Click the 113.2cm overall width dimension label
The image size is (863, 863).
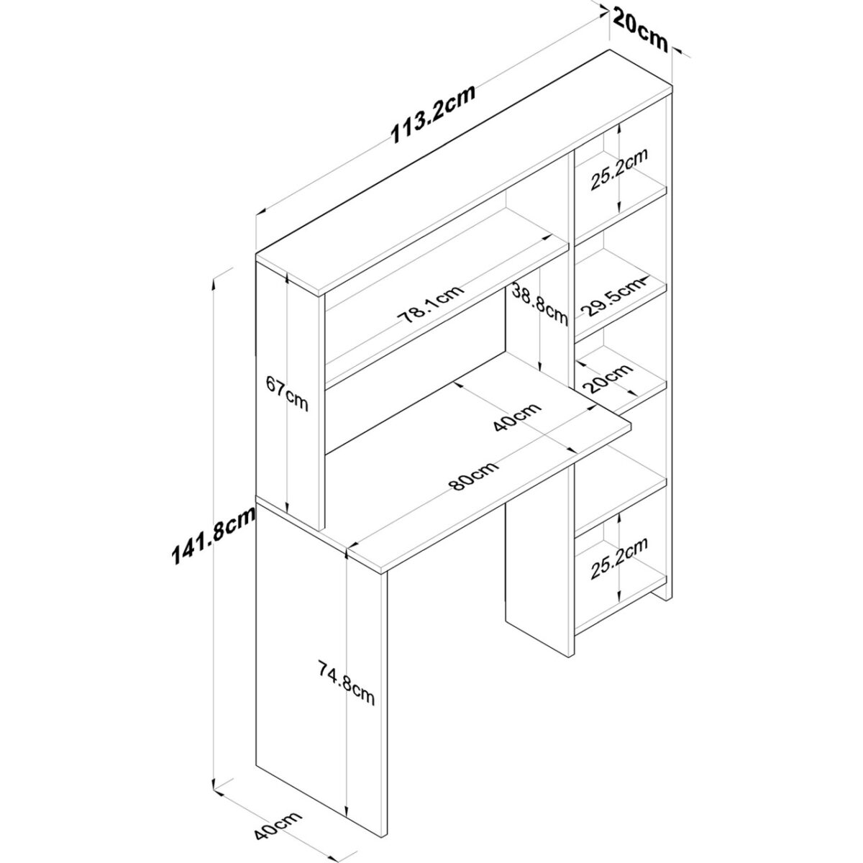point(432,114)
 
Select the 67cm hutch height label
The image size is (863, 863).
point(287,393)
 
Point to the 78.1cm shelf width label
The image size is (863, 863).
point(431,304)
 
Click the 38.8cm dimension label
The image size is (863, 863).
point(539,304)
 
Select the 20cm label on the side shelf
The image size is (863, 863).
point(610,378)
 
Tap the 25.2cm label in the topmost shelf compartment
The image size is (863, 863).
point(619,169)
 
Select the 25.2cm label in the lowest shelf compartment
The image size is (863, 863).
point(619,559)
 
